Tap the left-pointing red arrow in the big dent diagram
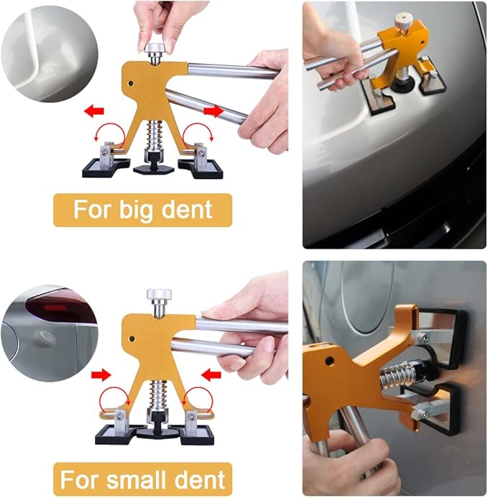coord(94,111)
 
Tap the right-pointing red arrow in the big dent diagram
coord(213,111)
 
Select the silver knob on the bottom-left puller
coord(159,296)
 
